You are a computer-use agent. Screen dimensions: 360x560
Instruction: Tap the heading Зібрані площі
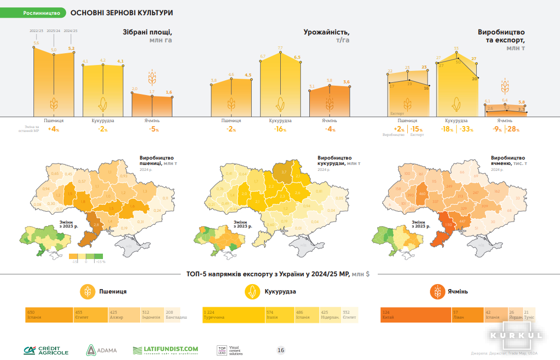pyautogui.click(x=147, y=33)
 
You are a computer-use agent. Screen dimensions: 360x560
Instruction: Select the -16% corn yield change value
pyautogui.click(x=280, y=130)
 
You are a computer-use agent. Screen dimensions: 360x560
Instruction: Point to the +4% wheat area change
pyautogui.click(x=53, y=130)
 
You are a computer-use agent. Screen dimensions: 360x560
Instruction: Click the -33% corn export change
pyautogui.click(x=467, y=130)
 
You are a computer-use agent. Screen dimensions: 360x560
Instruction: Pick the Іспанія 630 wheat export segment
pyautogui.click(x=49, y=315)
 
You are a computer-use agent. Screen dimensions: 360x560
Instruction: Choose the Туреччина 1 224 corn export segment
pyautogui.click(x=233, y=315)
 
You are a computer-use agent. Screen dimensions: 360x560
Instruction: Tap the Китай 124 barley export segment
pyautogui.click(x=416, y=315)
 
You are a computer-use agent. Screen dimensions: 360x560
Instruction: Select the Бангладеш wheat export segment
pyautogui.click(x=176, y=315)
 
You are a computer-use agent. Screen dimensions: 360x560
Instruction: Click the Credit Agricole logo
pyautogui.click(x=46, y=350)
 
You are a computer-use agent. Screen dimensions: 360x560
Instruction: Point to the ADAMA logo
pyautogui.click(x=102, y=350)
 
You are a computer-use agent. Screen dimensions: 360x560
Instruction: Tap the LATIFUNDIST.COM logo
pyautogui.click(x=165, y=350)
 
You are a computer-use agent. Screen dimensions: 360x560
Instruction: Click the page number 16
pyautogui.click(x=281, y=350)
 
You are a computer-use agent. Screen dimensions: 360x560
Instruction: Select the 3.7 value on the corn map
pyautogui.click(x=283, y=172)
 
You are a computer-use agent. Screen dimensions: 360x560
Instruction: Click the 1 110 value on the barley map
pyautogui.click(x=448, y=225)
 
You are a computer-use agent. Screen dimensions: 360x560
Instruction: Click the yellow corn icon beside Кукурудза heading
pyautogui.click(x=253, y=292)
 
